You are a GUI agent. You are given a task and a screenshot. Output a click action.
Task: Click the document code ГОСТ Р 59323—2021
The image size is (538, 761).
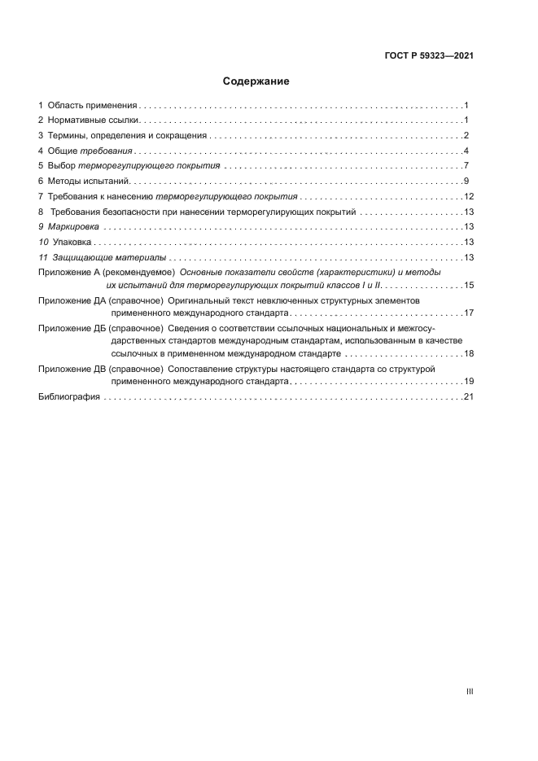(429, 57)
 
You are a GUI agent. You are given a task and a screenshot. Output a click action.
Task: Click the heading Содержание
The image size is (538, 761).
(256, 81)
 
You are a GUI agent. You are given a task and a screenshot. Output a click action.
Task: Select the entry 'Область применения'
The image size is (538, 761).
(92, 106)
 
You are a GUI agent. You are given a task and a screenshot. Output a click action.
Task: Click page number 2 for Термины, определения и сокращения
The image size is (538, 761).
(466, 136)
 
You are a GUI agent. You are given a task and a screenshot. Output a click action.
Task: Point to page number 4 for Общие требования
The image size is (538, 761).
(466, 151)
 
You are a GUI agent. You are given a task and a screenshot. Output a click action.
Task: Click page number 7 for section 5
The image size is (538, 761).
(466, 166)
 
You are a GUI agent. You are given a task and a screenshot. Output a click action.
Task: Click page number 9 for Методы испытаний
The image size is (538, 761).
(466, 182)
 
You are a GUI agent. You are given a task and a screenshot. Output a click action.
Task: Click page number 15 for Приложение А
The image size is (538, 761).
(469, 285)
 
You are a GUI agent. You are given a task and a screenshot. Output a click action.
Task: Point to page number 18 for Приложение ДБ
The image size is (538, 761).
(469, 354)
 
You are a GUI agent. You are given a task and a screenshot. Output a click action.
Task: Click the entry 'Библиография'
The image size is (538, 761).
(69, 396)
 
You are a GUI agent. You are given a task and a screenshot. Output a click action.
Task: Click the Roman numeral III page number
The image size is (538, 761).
(470, 692)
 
